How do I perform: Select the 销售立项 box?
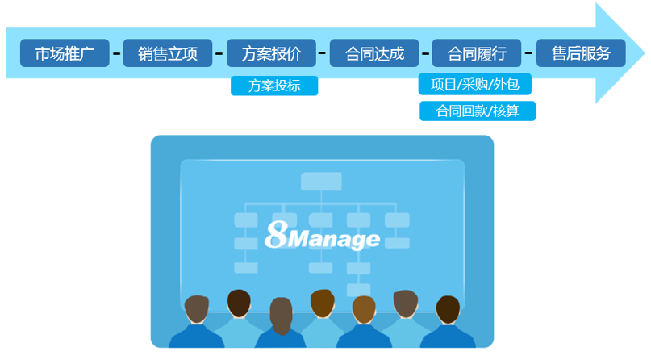click(x=168, y=54)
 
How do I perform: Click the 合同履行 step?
click(x=477, y=54)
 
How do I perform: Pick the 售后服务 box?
click(x=580, y=54)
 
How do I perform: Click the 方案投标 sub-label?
click(x=274, y=86)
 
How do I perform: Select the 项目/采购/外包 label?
click(x=476, y=84)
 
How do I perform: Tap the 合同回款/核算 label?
click(x=477, y=111)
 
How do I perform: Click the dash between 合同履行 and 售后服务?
click(x=529, y=55)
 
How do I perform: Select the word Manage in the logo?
click(x=332, y=239)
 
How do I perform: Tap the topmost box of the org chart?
click(x=321, y=182)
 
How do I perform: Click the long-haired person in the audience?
click(x=281, y=315)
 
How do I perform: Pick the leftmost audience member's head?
click(x=197, y=308)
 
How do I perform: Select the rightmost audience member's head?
click(x=448, y=309)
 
